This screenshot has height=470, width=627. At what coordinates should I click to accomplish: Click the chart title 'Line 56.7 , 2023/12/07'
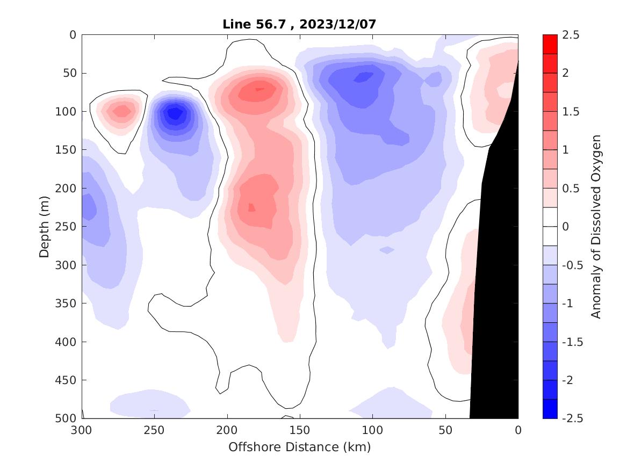[x=300, y=24]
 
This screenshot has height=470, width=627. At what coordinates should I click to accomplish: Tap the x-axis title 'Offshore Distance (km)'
[x=300, y=447]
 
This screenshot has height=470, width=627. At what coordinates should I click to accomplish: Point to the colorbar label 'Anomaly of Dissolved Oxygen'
[x=596, y=226]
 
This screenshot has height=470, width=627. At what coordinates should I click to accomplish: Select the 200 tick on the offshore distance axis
[x=227, y=430]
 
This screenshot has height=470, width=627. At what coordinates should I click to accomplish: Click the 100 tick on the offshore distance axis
[x=372, y=430]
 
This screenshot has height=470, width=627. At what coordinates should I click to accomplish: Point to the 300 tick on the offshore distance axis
[x=82, y=430]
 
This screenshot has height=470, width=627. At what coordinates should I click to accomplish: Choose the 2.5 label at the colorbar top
[x=571, y=35]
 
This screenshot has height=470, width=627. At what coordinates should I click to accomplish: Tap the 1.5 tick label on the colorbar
[x=571, y=111]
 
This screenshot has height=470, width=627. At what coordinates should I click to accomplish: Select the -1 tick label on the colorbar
[x=570, y=303]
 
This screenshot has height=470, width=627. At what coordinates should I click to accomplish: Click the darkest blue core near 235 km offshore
[x=175, y=113]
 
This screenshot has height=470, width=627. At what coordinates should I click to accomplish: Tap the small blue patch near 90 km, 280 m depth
[x=387, y=250]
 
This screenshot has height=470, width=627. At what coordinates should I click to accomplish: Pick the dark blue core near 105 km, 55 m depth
[x=365, y=77]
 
